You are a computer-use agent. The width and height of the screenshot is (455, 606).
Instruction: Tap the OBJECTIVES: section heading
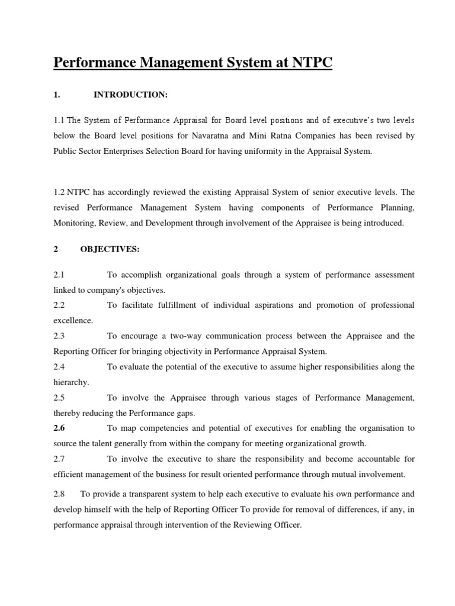[x=110, y=250]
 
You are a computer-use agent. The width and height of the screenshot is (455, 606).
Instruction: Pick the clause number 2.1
[x=59, y=275]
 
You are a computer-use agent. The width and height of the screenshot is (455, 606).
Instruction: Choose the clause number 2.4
[x=59, y=367]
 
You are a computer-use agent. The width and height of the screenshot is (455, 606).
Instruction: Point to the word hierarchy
[x=71, y=382]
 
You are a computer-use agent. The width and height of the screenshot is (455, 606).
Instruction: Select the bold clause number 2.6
[x=59, y=428]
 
